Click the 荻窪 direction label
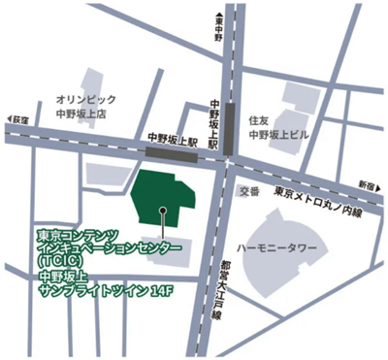point(18,119)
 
